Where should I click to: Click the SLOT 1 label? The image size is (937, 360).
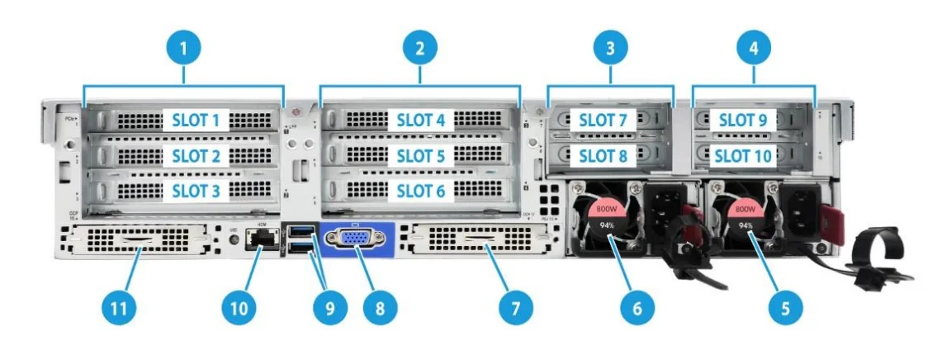click(x=196, y=121)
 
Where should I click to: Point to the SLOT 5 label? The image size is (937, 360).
click(x=420, y=155)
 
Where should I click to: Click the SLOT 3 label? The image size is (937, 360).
click(x=196, y=191)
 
